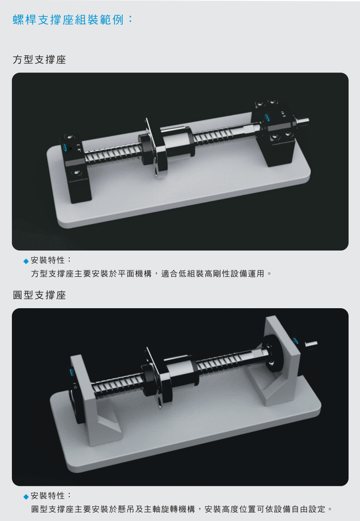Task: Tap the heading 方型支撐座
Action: [40, 60]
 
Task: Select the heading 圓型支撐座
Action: [40, 295]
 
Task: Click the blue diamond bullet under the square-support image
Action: [26, 261]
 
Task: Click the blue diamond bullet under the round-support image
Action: [26, 497]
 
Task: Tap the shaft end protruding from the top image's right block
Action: [302, 121]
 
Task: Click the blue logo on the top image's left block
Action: [65, 148]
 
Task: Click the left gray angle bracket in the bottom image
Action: [94, 401]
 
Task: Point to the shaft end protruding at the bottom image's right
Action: [311, 344]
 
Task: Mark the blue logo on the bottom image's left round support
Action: [72, 371]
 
